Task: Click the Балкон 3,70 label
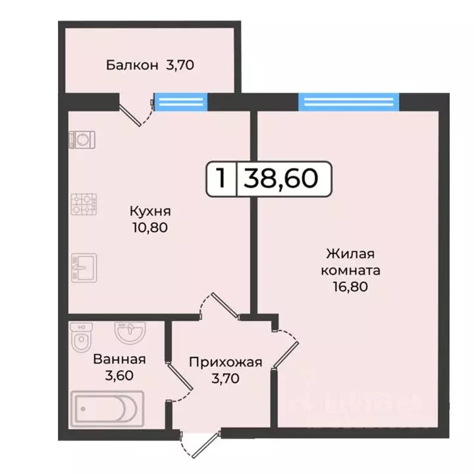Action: (x=151, y=65)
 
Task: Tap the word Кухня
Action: (x=151, y=212)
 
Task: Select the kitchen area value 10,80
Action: (x=151, y=228)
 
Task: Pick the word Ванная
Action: (x=119, y=359)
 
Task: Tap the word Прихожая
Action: (x=226, y=361)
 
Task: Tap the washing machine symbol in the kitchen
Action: (x=84, y=140)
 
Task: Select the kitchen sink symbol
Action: (x=84, y=267)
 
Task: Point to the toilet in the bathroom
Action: (x=80, y=337)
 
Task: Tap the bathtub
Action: (x=107, y=409)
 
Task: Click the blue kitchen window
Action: (x=180, y=101)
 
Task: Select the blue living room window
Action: (x=348, y=101)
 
